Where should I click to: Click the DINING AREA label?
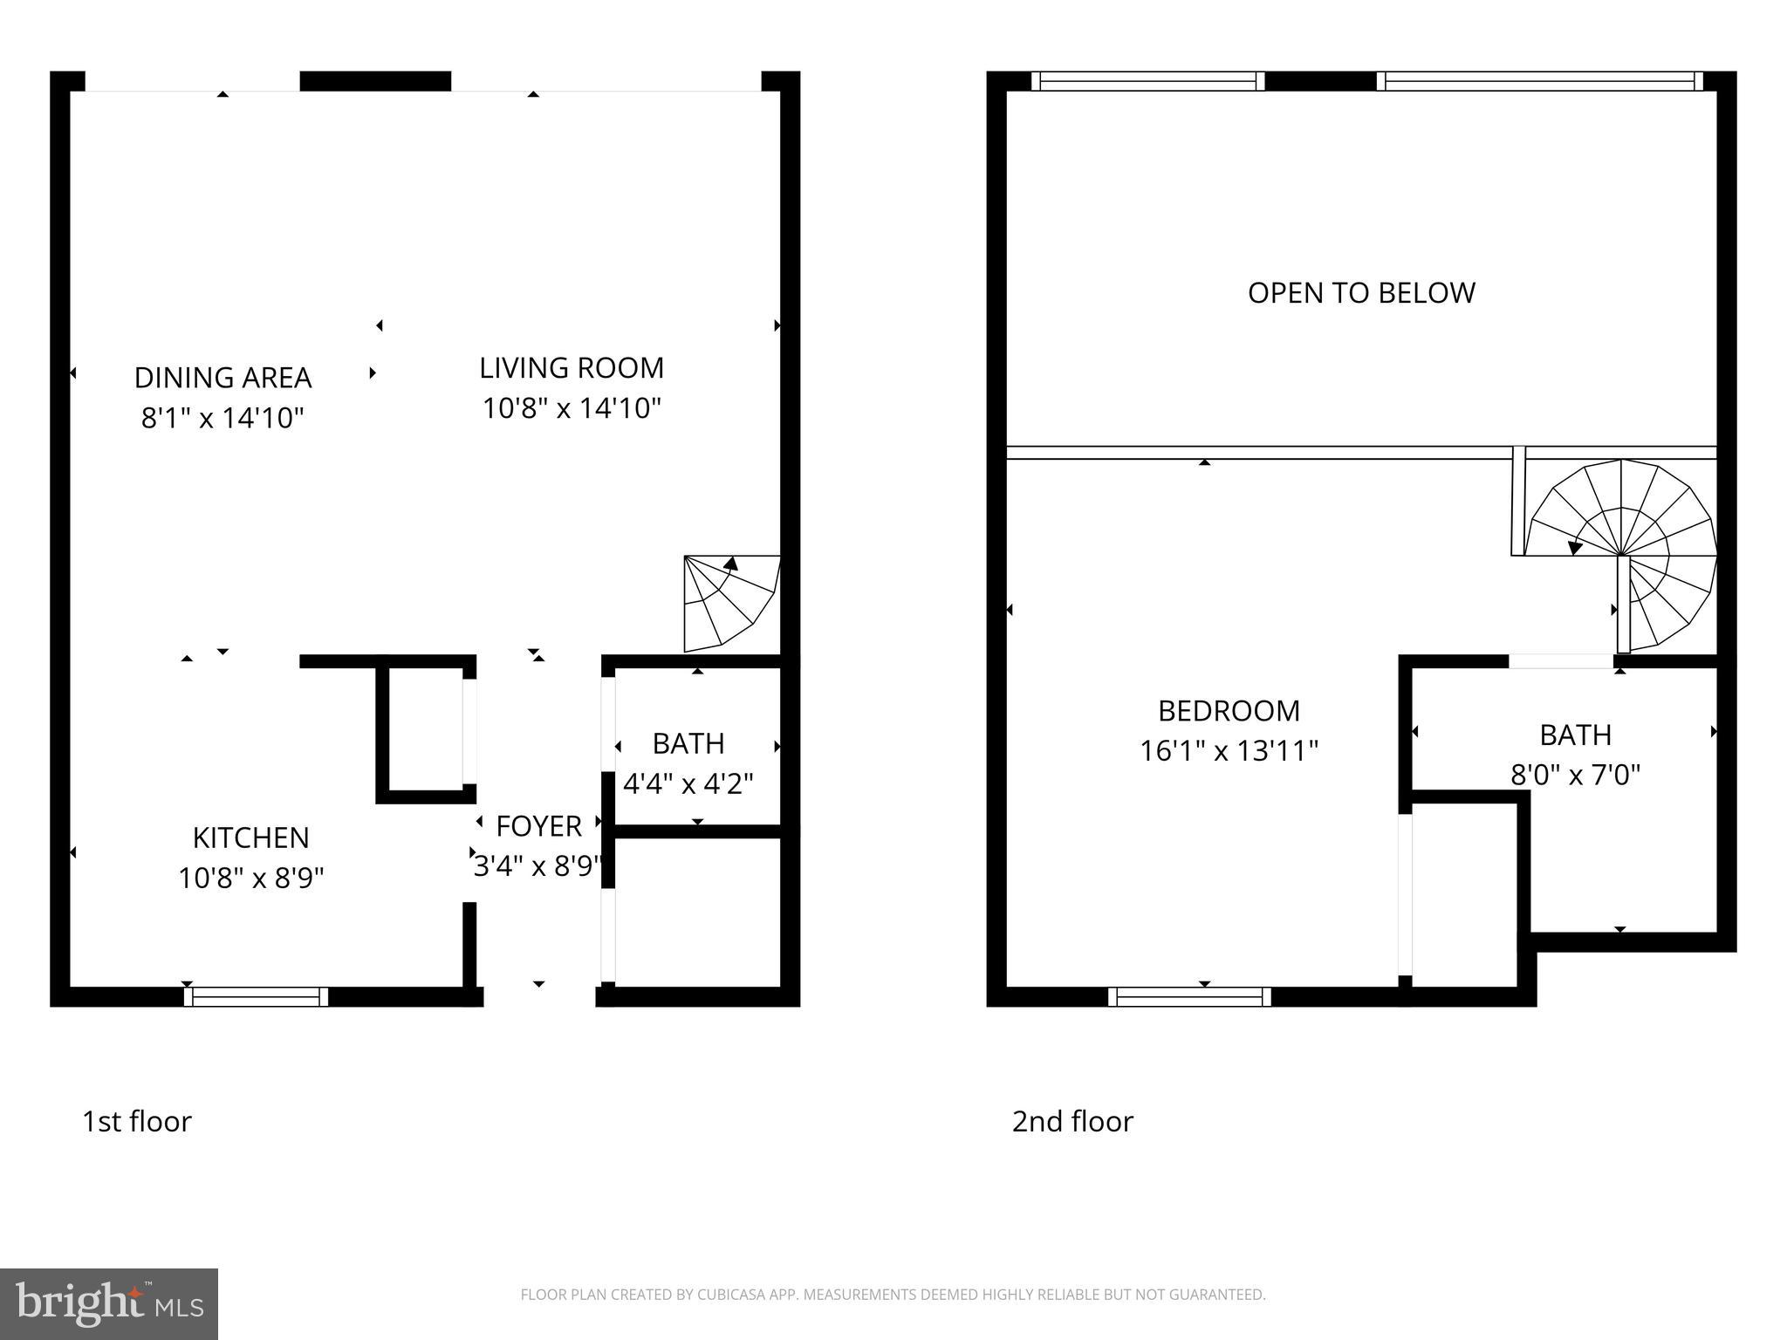pyautogui.click(x=223, y=378)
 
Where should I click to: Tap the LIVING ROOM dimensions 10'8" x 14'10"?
pyautogui.click(x=572, y=408)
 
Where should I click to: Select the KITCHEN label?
pyautogui.click(x=250, y=837)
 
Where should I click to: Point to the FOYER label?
pyautogui.click(x=538, y=826)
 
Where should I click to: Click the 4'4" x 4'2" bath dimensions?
pyautogui.click(x=688, y=783)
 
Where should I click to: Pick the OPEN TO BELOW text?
pyautogui.click(x=1361, y=293)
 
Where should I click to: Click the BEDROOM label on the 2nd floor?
pyautogui.click(x=1229, y=711)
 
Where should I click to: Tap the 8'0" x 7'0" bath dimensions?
pyautogui.click(x=1575, y=775)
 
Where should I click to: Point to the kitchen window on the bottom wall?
pyautogui.click(x=257, y=996)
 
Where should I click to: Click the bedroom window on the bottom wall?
pyautogui.click(x=1189, y=996)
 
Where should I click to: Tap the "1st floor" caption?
pyautogui.click(x=137, y=1121)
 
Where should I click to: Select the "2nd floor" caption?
pyautogui.click(x=1072, y=1121)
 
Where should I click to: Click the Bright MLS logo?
pyautogui.click(x=109, y=1303)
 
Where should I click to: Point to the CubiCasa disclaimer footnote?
pyautogui.click(x=893, y=1295)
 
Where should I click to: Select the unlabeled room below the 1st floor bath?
pyautogui.click(x=697, y=912)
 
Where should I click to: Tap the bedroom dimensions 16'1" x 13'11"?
pyautogui.click(x=1229, y=751)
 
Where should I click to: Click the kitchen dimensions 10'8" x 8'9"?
pyautogui.click(x=250, y=878)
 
